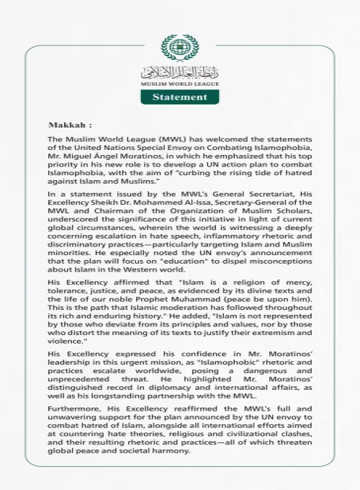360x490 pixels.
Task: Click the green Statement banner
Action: pyautogui.click(x=179, y=96)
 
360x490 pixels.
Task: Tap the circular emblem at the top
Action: pyautogui.click(x=179, y=48)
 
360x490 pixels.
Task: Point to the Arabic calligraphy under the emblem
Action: pyautogui.click(x=179, y=71)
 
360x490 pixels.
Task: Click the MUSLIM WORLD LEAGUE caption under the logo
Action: pyautogui.click(x=179, y=83)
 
